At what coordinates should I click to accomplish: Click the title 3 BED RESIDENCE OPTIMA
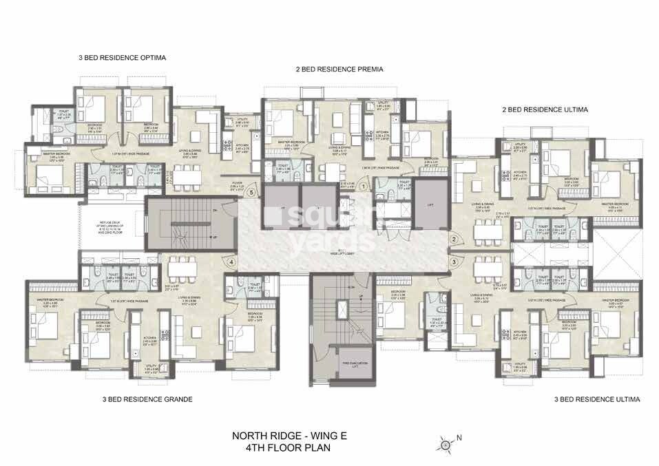[x=123, y=58]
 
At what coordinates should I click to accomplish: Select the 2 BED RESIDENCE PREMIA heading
[x=339, y=70]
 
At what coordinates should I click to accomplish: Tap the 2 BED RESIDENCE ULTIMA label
[x=545, y=109]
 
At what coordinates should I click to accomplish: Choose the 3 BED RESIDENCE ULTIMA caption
[x=597, y=399]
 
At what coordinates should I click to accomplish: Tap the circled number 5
[x=252, y=193]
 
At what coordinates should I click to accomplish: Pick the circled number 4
[x=232, y=262]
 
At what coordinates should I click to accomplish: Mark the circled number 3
[x=454, y=262]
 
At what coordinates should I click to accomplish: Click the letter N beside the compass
[x=459, y=437]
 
